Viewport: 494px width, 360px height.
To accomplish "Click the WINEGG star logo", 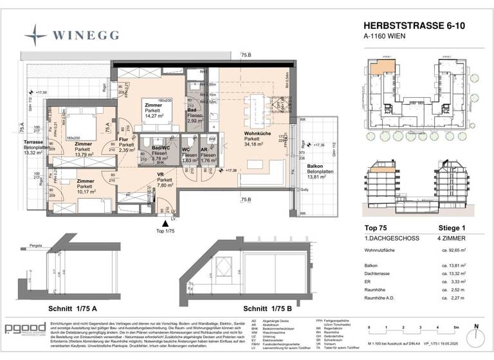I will pos(35,32).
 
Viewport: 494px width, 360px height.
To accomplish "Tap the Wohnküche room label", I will pos(257,134).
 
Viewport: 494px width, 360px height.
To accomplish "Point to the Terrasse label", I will pos(33,142).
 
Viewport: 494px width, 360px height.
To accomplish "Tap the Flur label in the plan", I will pos(126,138).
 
